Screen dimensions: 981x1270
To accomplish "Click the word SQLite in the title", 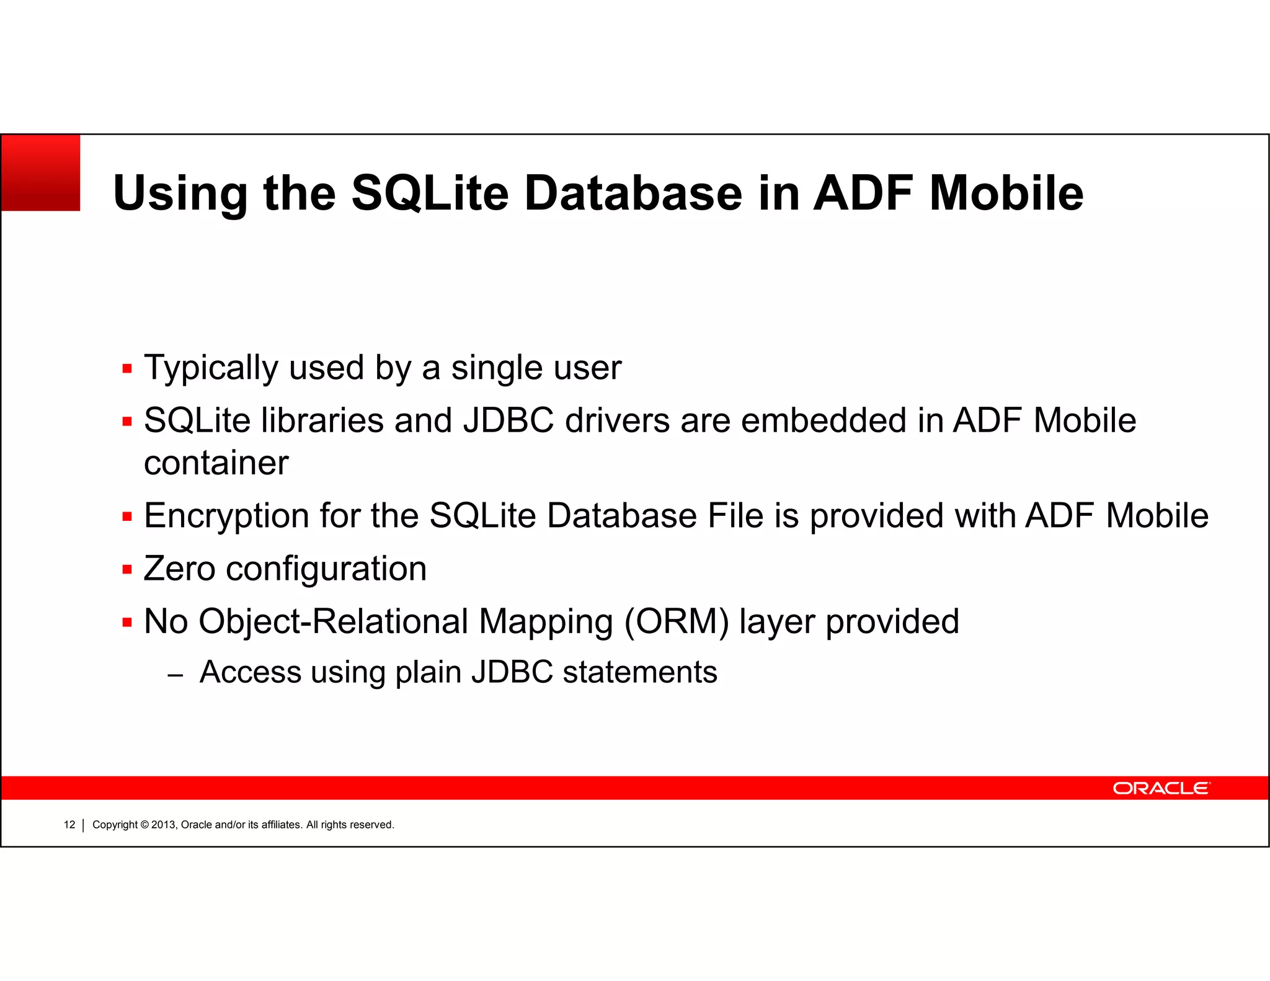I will [430, 193].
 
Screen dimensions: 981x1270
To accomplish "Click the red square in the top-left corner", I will [41, 173].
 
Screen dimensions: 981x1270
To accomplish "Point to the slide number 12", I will [69, 825].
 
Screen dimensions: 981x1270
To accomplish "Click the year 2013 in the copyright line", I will [164, 825].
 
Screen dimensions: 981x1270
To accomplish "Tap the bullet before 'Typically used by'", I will [127, 369].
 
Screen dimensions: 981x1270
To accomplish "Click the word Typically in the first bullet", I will [210, 368].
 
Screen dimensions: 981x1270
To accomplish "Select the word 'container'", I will [216, 463].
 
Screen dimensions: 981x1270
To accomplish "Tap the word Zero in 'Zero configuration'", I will [179, 569].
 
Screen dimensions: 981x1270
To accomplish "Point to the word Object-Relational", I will [333, 622].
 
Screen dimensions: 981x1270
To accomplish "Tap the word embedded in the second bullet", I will [824, 421].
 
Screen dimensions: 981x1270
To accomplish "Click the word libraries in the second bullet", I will [322, 421].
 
